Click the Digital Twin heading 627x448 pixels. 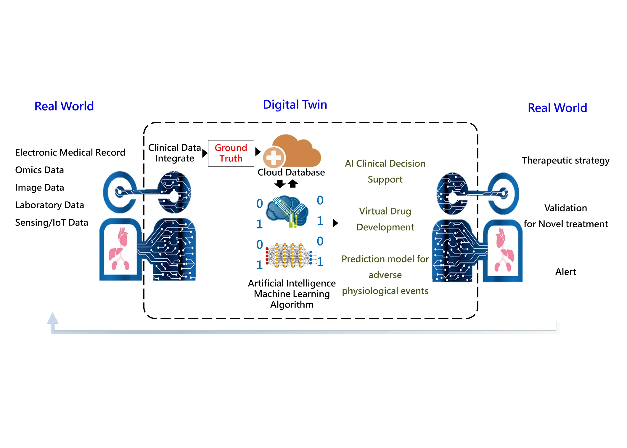[295, 105]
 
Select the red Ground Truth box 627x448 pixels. [231, 153]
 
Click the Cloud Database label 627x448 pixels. [291, 172]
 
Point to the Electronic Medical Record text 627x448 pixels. [70, 152]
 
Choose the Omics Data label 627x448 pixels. [39, 170]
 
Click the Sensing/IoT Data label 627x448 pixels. [52, 222]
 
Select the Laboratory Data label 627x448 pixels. [49, 205]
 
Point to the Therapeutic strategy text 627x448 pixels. [565, 160]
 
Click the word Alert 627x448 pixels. [565, 271]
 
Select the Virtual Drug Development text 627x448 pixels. [385, 219]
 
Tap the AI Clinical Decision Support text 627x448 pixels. [385, 171]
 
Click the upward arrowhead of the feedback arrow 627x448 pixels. [52, 318]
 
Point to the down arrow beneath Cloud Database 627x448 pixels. [280, 184]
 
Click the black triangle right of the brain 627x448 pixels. [335, 223]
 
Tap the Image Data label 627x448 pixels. [39, 187]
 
